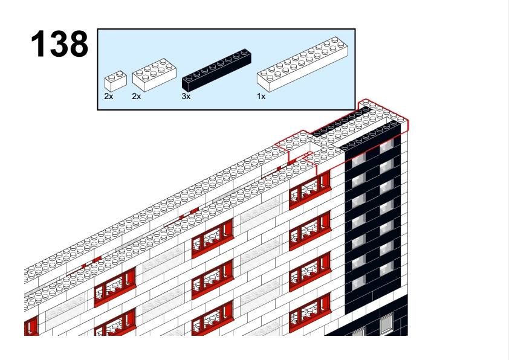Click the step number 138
(59, 44)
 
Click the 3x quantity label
(186, 97)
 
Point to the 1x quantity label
(261, 97)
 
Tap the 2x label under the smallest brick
(108, 97)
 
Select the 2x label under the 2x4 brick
(136, 97)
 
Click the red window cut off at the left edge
(31, 327)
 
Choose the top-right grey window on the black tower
(386, 146)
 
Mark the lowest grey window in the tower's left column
(358, 284)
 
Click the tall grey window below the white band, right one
(386, 325)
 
